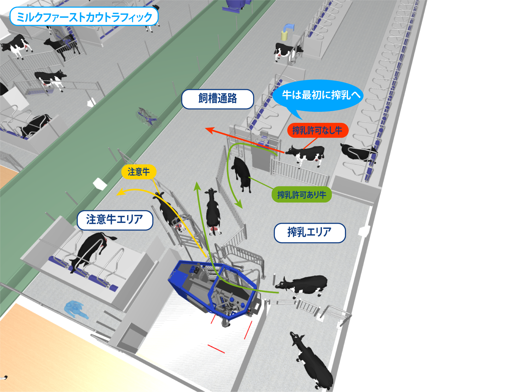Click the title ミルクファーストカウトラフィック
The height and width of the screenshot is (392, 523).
click(x=84, y=16)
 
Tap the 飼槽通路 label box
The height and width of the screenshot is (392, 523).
click(x=217, y=99)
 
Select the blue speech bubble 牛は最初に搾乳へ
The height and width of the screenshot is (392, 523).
click(x=317, y=95)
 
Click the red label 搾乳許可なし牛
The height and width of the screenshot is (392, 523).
click(x=317, y=130)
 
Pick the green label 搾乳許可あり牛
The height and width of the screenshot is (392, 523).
click(x=302, y=194)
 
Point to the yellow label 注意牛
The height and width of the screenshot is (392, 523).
click(x=139, y=172)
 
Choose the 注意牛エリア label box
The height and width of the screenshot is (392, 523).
click(x=115, y=220)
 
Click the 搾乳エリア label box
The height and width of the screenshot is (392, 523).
click(x=309, y=232)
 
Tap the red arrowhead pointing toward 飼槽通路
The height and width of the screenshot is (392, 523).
click(x=209, y=129)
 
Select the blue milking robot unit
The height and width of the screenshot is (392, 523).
click(x=214, y=287)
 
